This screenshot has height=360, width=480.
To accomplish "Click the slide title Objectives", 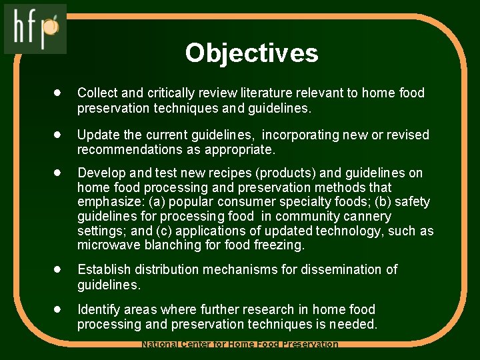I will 251,53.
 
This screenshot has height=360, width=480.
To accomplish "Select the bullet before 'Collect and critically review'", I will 59,93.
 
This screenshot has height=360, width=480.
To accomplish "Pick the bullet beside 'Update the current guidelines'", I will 59,135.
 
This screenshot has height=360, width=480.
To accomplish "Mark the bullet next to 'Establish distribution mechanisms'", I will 59,269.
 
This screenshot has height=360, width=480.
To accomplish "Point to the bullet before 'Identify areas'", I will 59,309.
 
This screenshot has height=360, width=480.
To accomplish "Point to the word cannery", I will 368,217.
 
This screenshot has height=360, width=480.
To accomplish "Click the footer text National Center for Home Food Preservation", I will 240,345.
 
